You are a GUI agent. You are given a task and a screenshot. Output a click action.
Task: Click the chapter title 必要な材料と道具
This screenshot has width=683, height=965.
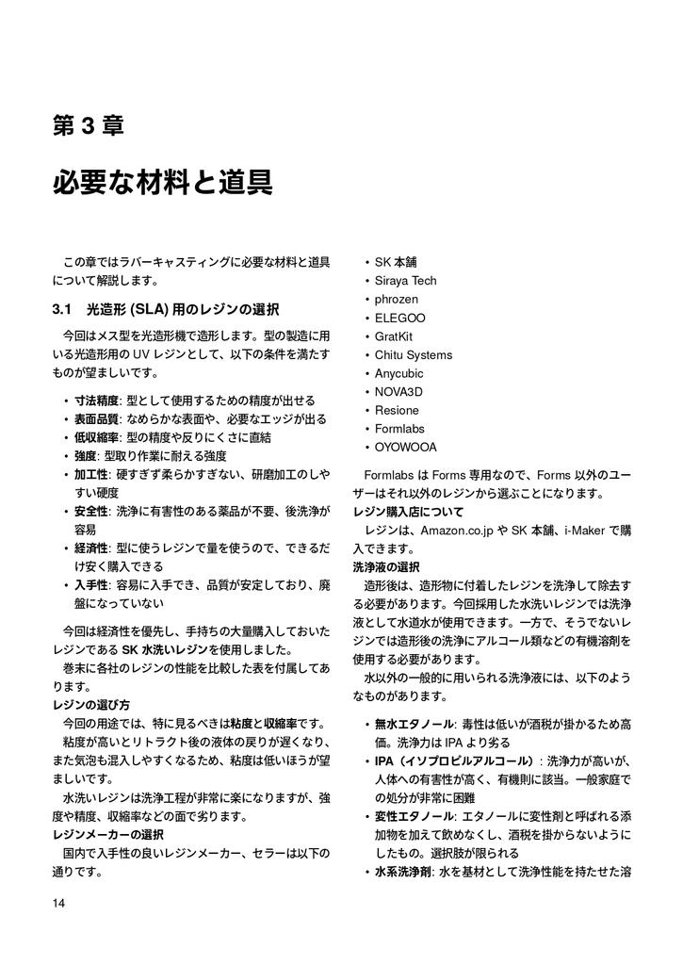click(162, 181)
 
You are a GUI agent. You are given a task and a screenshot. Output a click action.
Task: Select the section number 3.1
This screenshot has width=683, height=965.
click(63, 309)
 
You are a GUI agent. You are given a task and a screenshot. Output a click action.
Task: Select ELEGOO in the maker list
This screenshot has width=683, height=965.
click(400, 318)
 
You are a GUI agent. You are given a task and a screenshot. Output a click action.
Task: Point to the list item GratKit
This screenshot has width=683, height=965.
click(394, 336)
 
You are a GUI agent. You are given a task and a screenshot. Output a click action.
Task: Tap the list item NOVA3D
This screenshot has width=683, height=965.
click(399, 392)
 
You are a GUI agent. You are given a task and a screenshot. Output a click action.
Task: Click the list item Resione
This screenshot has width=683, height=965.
click(397, 411)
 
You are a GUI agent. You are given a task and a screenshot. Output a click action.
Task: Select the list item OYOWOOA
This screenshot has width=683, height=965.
click(405, 448)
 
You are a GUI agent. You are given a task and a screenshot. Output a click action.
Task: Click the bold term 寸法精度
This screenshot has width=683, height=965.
click(96, 401)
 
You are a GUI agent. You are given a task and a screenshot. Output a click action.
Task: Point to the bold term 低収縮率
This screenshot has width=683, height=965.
click(96, 437)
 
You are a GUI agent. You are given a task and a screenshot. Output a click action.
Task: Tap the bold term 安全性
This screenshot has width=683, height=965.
click(90, 512)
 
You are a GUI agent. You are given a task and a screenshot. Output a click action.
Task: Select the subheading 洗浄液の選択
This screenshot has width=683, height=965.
click(386, 567)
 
